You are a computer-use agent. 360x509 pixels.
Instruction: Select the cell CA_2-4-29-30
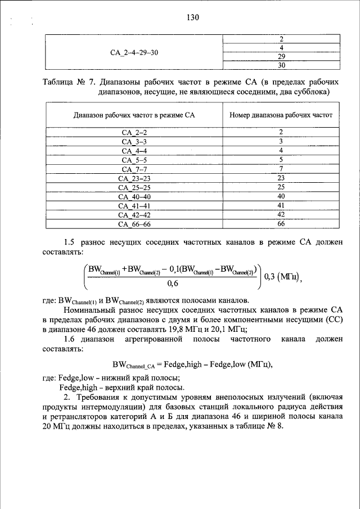[x=134, y=53]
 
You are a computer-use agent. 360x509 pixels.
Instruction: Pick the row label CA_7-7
[x=134, y=169]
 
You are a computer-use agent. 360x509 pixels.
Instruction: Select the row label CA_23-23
[x=134, y=178]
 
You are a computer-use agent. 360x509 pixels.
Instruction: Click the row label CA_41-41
[x=134, y=205]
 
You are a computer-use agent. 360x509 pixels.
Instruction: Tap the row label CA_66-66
[x=134, y=224]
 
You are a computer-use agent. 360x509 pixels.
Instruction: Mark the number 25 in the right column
[x=282, y=187]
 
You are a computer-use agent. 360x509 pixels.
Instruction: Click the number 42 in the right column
[x=282, y=214]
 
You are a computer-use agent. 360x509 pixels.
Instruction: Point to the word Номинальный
[x=88, y=310]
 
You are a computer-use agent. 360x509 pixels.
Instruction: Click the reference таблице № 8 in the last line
[x=260, y=425]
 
